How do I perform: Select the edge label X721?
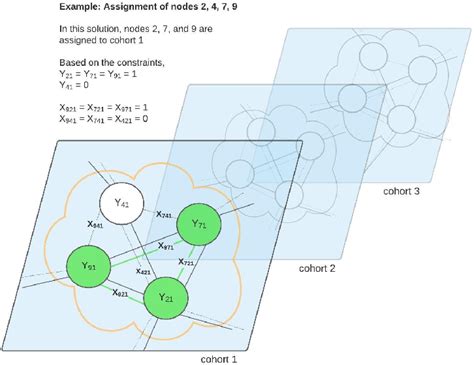[186, 261]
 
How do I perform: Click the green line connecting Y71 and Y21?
[181, 263]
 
